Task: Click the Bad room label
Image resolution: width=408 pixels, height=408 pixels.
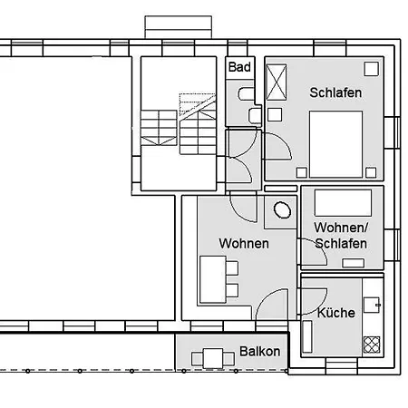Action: click(239, 67)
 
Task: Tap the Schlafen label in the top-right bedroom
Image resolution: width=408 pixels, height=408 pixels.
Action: click(335, 92)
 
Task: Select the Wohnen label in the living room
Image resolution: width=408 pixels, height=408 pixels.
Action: click(243, 243)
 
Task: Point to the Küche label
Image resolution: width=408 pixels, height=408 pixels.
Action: click(335, 313)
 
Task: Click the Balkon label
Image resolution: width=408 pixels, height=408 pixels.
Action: click(260, 351)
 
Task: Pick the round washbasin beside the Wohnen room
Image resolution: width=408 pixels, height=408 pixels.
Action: click(282, 210)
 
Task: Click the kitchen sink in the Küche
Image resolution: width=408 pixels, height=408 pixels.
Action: click(371, 306)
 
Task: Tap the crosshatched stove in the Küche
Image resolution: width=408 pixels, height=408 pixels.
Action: click(371, 344)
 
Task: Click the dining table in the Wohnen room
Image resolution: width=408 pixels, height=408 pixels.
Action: click(212, 277)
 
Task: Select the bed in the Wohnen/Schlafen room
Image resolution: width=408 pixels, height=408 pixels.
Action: click(343, 202)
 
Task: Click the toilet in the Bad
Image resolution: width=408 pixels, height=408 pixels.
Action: click(246, 94)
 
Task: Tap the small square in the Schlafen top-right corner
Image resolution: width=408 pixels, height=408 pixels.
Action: click(372, 68)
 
